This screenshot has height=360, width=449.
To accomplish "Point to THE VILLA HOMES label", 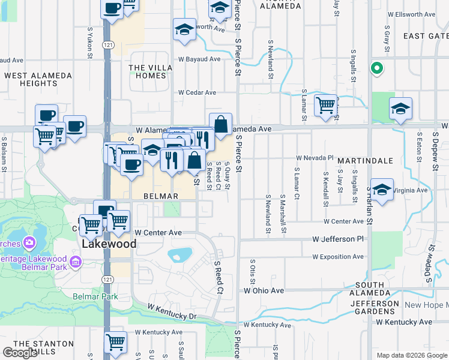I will click(148, 71).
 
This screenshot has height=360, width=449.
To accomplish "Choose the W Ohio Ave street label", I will click(264, 290).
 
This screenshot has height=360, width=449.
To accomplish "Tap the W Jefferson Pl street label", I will click(338, 239).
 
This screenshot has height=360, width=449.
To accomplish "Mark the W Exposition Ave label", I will click(337, 257).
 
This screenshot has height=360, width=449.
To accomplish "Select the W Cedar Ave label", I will click(197, 92).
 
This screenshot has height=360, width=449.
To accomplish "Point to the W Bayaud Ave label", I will click(199, 59).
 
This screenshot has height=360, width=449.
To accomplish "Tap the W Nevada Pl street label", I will click(315, 158).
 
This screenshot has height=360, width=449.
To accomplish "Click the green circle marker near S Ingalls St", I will click(377, 68).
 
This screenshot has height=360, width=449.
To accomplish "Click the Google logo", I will click(20, 353).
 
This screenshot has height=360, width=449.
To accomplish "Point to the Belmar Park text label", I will click(95, 296).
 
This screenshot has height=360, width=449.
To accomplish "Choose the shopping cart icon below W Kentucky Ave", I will click(115, 342).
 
